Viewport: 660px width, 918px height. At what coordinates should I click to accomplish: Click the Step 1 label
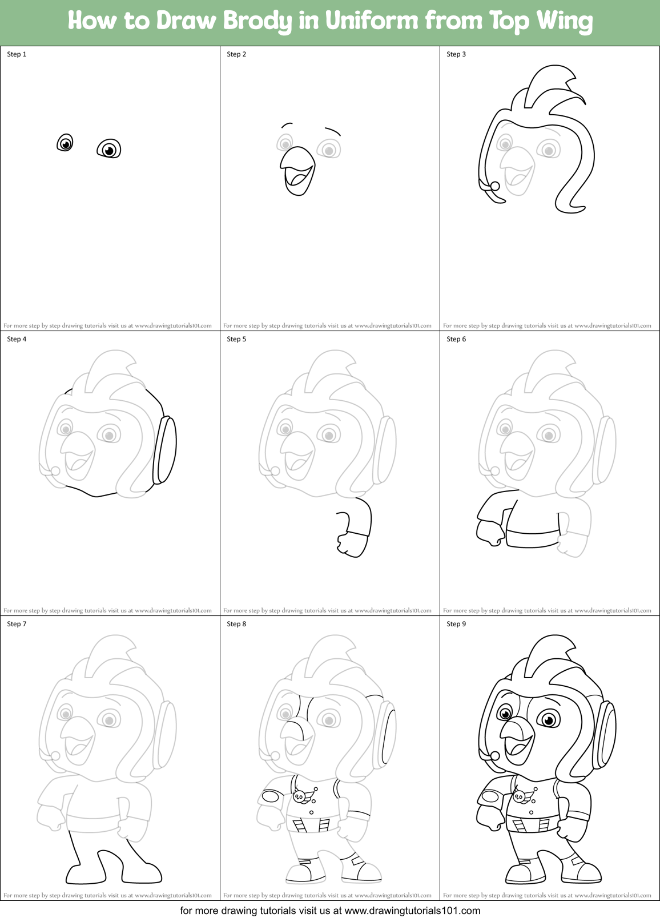[x=17, y=54]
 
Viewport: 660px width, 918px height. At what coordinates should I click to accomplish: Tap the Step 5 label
[x=236, y=339]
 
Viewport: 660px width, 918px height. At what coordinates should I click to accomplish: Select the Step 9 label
[x=456, y=624]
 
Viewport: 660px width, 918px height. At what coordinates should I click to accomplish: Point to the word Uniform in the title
[x=372, y=21]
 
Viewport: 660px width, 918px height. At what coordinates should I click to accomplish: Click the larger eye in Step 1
[x=109, y=149]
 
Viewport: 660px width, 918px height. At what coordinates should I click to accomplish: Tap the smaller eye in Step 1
[x=66, y=143]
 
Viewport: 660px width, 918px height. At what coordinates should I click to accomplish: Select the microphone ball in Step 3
[x=495, y=186]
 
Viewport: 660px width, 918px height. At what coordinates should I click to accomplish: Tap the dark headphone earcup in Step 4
[x=164, y=450]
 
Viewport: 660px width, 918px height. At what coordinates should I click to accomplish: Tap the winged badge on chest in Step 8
[x=301, y=796]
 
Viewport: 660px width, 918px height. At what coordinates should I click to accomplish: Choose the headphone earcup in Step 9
[x=605, y=735]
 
